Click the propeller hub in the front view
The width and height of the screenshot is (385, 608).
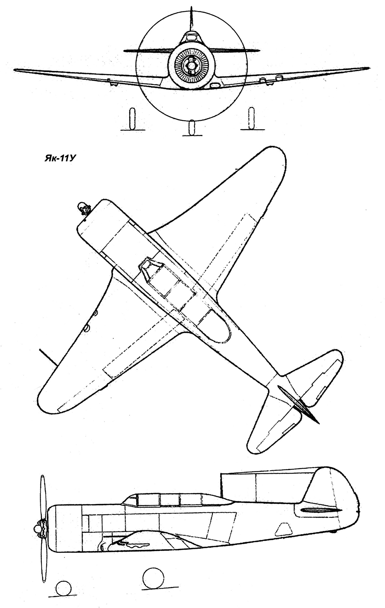pyautogui.click(x=191, y=65)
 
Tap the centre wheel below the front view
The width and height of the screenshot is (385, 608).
pyautogui.click(x=192, y=128)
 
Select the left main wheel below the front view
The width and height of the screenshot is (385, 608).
pyautogui.click(x=131, y=119)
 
